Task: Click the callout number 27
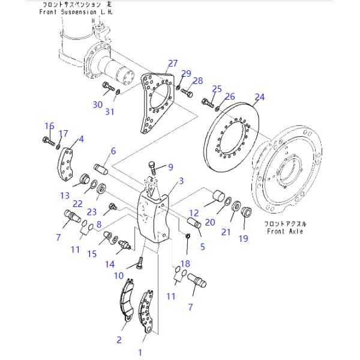(x=173, y=63)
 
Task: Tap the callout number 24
(x=259, y=97)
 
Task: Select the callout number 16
(x=49, y=125)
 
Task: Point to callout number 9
(x=170, y=167)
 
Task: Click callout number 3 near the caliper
(x=181, y=181)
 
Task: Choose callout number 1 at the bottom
(x=141, y=352)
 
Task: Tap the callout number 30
(x=98, y=104)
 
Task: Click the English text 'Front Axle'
(x=284, y=231)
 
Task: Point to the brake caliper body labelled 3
(x=151, y=216)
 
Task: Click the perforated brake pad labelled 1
(x=145, y=312)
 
